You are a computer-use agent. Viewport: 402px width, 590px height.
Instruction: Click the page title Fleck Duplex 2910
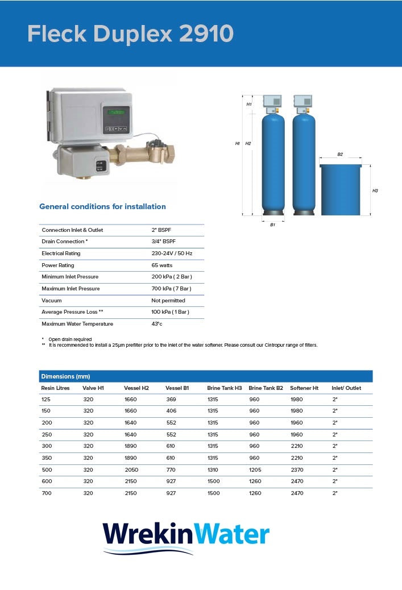[x=130, y=34]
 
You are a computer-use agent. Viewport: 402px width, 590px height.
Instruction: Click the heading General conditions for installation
[x=102, y=206]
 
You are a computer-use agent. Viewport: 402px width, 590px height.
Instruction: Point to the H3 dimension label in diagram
[x=375, y=191]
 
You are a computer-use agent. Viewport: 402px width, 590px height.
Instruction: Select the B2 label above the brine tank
[x=340, y=155]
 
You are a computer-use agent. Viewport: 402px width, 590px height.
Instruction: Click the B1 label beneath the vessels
[x=272, y=225]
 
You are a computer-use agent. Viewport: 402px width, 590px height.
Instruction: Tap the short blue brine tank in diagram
[x=341, y=190]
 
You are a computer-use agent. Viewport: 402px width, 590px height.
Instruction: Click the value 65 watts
[x=161, y=265]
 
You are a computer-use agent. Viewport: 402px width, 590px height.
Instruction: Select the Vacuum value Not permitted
[x=168, y=301]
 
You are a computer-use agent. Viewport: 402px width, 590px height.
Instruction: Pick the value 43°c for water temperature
[x=157, y=324]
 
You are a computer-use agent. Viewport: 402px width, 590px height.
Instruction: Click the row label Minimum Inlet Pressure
[x=70, y=277]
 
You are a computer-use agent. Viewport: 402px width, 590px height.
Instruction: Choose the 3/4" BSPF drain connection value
[x=164, y=242]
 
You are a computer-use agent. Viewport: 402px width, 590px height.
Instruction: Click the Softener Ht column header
[x=304, y=388]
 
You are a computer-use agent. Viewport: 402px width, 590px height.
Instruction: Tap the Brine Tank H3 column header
[x=225, y=388]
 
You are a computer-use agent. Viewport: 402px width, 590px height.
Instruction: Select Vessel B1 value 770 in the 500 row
[x=171, y=470]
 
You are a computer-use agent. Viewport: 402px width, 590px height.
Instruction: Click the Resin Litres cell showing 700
[x=46, y=493]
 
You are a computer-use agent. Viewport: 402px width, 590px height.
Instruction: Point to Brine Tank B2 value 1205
[x=255, y=470]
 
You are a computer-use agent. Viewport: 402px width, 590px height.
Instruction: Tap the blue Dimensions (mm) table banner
[x=206, y=376]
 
